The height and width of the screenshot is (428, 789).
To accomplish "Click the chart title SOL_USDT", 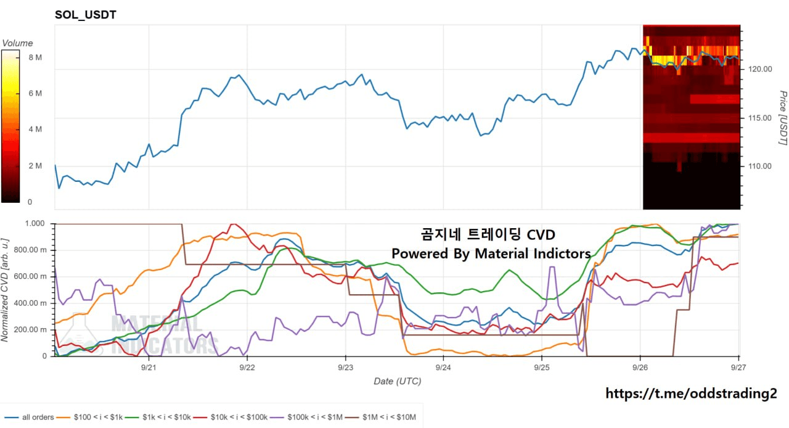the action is pyautogui.click(x=85, y=15).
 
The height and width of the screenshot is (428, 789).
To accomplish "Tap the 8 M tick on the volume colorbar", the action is pyautogui.click(x=35, y=57).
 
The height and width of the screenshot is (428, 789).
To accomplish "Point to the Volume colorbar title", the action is pyautogui.click(x=18, y=43).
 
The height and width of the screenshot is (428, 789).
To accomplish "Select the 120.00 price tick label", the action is pyautogui.click(x=760, y=69).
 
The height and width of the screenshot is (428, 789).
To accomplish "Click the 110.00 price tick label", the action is pyautogui.click(x=760, y=166).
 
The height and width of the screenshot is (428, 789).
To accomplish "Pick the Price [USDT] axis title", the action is pyautogui.click(x=783, y=118).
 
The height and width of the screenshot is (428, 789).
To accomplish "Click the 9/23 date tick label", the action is pyautogui.click(x=345, y=368).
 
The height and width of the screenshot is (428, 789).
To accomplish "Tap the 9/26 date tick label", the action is pyautogui.click(x=640, y=368).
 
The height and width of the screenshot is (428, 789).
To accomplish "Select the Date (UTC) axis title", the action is pyautogui.click(x=398, y=381).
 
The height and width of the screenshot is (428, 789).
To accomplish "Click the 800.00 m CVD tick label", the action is pyautogui.click(x=30, y=250).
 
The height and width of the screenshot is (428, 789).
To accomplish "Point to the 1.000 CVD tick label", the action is pyautogui.click(x=35, y=223).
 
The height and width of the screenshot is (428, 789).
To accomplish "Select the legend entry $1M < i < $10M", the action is pyautogui.click(x=380, y=417).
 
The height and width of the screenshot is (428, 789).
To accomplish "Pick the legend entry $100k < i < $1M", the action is pyautogui.click(x=306, y=417).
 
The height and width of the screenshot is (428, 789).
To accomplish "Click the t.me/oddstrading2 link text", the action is pyautogui.click(x=691, y=393).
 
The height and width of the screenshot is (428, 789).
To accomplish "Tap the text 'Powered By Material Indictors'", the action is pyautogui.click(x=491, y=253).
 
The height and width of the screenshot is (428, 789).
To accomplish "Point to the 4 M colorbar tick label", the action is pyautogui.click(x=35, y=130).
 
